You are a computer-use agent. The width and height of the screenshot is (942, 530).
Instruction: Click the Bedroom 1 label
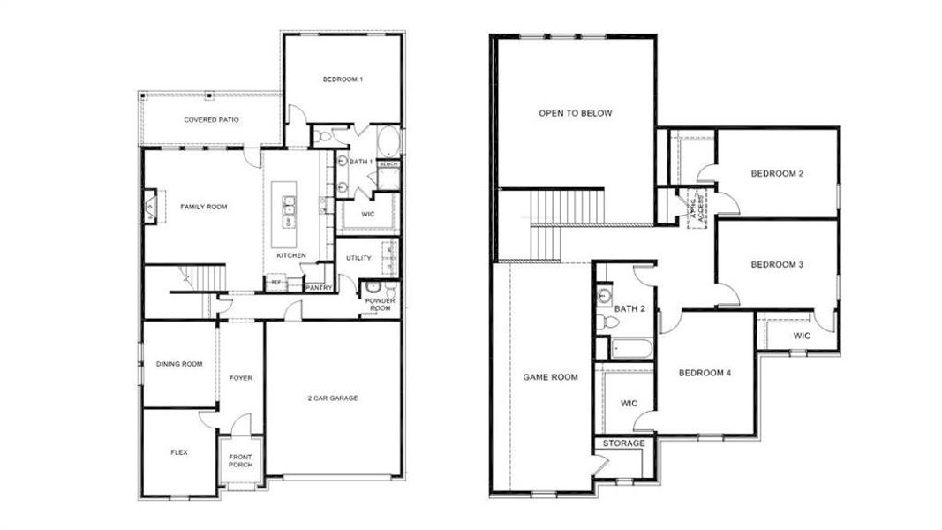point(343,80)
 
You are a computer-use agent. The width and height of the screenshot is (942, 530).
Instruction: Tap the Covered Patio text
point(211,119)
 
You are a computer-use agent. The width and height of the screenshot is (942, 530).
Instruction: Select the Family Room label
point(204,207)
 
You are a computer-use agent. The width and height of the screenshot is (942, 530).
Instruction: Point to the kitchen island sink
point(288,207)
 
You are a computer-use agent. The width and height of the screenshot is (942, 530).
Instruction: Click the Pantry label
point(318,287)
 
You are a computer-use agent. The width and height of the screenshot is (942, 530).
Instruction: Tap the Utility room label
point(358,258)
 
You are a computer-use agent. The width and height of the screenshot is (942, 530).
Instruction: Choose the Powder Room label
point(381,305)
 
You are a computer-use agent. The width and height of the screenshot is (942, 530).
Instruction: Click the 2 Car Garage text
point(332,398)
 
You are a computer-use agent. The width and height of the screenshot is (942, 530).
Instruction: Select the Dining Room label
point(179,364)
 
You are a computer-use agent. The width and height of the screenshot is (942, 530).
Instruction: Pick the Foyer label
point(241,378)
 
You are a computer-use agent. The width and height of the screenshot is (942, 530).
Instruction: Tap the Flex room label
point(179,452)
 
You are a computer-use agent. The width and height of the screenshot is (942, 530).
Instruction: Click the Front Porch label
point(240,461)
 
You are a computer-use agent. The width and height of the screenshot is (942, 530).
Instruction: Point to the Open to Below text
point(576,113)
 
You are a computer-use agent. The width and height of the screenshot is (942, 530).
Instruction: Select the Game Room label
point(551,377)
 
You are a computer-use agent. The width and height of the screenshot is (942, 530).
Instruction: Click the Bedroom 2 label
point(777,174)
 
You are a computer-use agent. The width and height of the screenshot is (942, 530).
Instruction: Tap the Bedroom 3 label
point(777,264)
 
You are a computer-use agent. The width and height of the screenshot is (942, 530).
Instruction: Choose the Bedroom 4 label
point(705,373)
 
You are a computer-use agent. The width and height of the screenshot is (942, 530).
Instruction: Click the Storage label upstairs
point(623,443)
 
